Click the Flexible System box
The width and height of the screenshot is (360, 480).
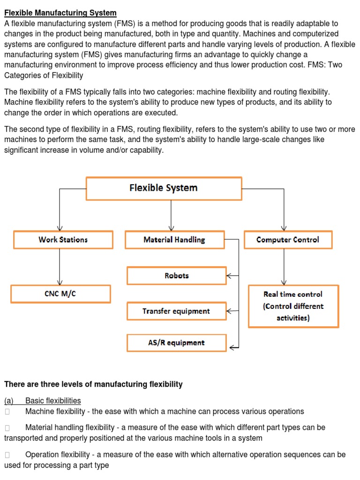(x=164, y=188)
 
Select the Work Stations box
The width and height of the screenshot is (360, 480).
(x=63, y=240)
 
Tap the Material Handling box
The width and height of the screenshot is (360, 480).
(x=174, y=240)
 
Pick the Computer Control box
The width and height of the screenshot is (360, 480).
(x=288, y=240)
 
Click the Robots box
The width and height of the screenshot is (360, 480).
(x=176, y=276)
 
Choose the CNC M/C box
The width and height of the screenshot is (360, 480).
(x=60, y=294)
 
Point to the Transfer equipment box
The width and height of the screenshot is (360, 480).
(x=176, y=311)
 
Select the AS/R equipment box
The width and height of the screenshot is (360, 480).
(x=176, y=343)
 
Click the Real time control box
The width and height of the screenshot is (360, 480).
(x=293, y=306)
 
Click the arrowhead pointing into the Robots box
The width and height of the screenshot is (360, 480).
(x=229, y=276)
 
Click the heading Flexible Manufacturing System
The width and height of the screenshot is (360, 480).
(x=60, y=13)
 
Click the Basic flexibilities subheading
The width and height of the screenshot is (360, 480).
(x=52, y=401)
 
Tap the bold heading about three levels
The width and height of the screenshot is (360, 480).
(x=93, y=384)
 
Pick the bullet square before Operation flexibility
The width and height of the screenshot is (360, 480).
(x=7, y=455)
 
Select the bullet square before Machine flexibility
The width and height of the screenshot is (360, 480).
(x=7, y=412)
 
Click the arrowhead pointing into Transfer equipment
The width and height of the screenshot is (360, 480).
(x=229, y=311)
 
